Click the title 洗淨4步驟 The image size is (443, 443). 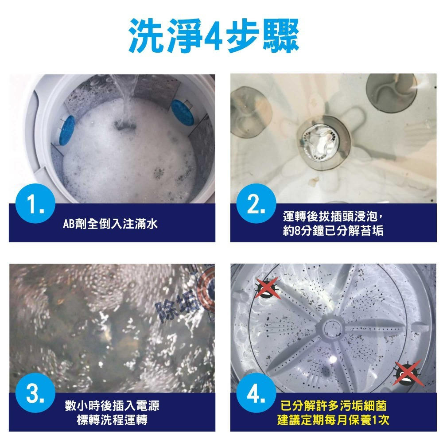214,35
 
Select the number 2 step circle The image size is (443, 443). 256,205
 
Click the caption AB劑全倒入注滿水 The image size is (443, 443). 110,225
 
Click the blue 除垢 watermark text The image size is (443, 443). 179,306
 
